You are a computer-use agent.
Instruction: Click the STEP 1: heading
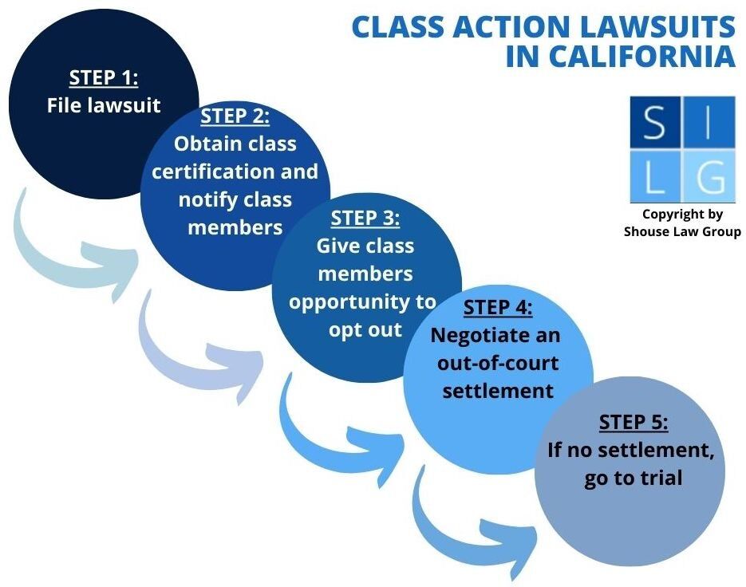[104, 78]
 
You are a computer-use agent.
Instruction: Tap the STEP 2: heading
[235, 116]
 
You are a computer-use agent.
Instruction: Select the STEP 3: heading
[365, 218]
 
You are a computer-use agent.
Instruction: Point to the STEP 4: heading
[498, 308]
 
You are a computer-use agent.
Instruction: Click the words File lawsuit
[104, 105]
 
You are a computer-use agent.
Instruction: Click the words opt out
[365, 329]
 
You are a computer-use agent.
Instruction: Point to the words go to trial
[631, 479]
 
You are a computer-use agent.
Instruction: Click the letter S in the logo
[653, 123]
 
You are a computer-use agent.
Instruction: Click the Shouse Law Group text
[682, 231]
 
